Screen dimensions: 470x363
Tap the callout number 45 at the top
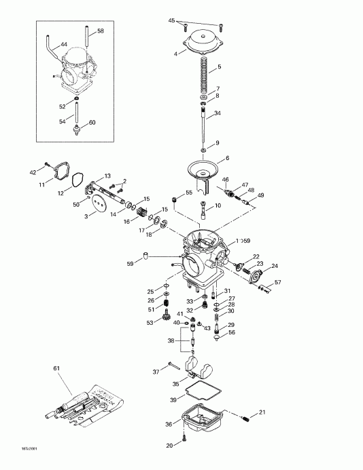coord(172,20)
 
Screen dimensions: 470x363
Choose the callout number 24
coord(275,266)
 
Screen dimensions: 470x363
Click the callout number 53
coord(150,322)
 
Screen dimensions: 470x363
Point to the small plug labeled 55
coord(175,199)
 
